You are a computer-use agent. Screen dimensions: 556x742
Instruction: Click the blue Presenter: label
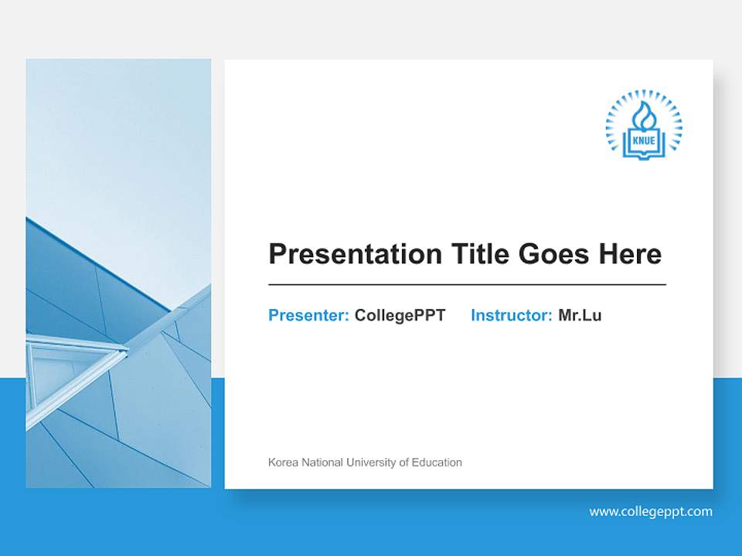click(x=308, y=315)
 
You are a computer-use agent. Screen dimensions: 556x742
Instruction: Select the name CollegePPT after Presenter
click(x=400, y=315)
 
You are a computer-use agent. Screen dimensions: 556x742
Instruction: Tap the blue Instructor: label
click(x=511, y=315)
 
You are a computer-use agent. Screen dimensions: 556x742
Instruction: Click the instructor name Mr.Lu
click(x=580, y=315)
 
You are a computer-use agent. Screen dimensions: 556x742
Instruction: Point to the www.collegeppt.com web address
click(x=651, y=511)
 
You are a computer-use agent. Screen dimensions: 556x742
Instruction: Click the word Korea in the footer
click(x=282, y=463)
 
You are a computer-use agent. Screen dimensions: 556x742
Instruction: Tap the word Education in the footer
click(x=437, y=463)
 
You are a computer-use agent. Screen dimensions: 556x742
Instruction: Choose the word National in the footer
click(x=322, y=463)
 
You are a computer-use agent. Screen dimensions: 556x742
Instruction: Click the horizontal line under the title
click(x=467, y=285)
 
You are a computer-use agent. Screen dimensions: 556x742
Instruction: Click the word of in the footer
click(x=404, y=463)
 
